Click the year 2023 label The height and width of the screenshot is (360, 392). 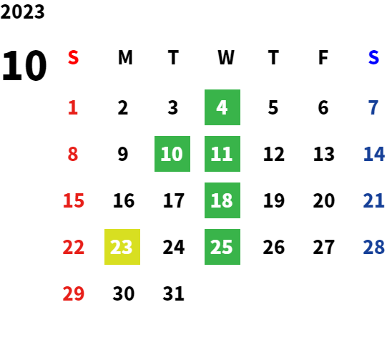click(x=22, y=11)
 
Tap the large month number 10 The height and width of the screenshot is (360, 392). click(x=24, y=66)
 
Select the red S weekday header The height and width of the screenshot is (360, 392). click(x=74, y=57)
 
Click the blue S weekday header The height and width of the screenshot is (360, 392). click(x=373, y=57)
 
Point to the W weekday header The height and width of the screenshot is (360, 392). click(x=226, y=57)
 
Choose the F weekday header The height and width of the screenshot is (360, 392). click(x=323, y=57)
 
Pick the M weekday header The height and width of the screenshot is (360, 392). click(x=125, y=57)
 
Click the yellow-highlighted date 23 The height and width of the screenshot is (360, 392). click(x=122, y=247)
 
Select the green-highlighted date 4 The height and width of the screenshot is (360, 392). click(x=222, y=107)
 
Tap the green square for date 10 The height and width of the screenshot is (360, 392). click(x=172, y=154)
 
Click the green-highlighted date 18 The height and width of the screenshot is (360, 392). click(x=222, y=200)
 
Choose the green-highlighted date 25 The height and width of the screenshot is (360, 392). click(x=222, y=247)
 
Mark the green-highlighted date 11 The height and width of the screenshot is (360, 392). click(x=222, y=154)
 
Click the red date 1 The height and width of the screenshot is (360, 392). click(x=73, y=107)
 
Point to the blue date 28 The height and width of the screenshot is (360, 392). click(x=373, y=247)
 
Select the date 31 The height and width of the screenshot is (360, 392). click(x=174, y=293)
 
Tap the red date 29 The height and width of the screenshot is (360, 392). click(x=74, y=293)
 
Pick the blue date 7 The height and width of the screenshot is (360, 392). click(x=373, y=107)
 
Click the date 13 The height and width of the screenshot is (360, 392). click(x=324, y=154)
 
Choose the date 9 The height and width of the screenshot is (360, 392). click(x=123, y=154)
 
